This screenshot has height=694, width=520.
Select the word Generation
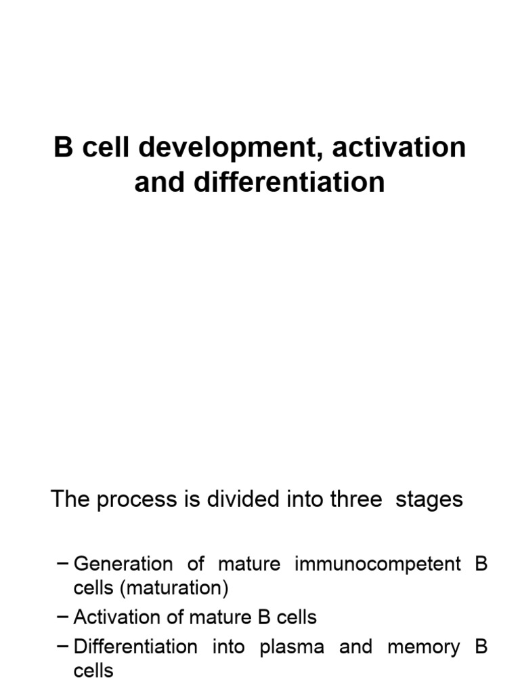pos(114,564)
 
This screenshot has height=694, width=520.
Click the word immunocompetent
pos(376,565)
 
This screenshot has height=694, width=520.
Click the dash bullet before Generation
pos(63,564)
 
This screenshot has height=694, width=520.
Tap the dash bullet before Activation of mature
pos(63,617)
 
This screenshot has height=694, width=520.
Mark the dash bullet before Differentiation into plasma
pos(63,647)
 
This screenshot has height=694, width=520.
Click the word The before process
pos(71,499)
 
